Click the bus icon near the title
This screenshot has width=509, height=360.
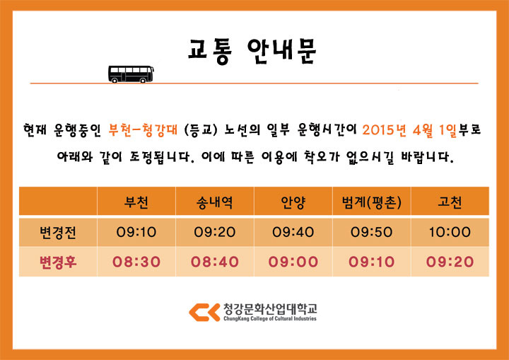[x=131, y=74]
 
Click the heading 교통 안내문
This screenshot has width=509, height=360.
[x=252, y=51]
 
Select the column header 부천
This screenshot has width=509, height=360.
[x=136, y=202]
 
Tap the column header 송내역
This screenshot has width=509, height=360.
[x=215, y=202]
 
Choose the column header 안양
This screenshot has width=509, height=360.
[x=293, y=202]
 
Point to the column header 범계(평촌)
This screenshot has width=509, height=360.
[x=372, y=202]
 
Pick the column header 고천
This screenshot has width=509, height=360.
[x=450, y=202]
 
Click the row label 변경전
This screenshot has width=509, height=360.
[x=58, y=232]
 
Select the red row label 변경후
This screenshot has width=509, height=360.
[x=58, y=262]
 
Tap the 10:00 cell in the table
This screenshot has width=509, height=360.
[x=450, y=232]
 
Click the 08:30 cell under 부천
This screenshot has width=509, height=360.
[x=136, y=262]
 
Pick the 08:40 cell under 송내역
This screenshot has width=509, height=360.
[x=215, y=262]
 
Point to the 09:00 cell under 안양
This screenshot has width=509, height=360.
[x=293, y=262]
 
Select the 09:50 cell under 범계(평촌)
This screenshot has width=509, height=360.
[x=371, y=232]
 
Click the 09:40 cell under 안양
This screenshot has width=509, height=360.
[x=293, y=232]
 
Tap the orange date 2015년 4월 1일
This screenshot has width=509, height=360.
[x=409, y=130]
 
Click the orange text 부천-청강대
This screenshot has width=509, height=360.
[x=143, y=129]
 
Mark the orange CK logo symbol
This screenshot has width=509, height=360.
[x=204, y=312]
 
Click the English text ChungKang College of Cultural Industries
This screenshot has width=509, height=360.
[x=270, y=319]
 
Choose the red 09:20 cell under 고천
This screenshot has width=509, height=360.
[x=450, y=262]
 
